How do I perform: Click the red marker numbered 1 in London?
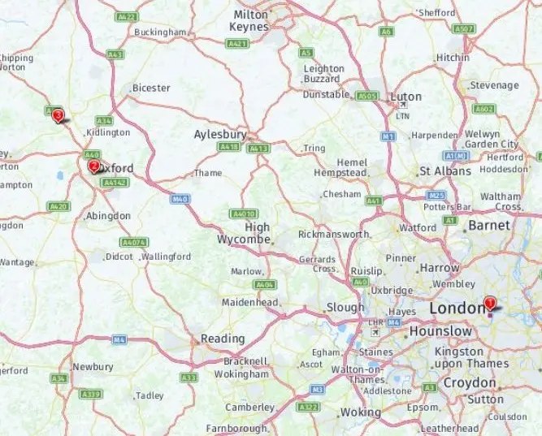click(x=489, y=304)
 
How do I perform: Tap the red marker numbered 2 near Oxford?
click(x=93, y=166)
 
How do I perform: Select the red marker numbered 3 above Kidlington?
click(x=58, y=116)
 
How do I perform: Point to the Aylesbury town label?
click(x=219, y=135)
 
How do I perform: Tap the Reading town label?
click(x=223, y=339)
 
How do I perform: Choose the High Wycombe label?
click(x=247, y=234)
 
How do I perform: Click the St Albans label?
click(x=444, y=171)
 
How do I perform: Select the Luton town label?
click(x=406, y=97)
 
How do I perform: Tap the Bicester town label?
click(x=151, y=88)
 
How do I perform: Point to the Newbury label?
click(x=93, y=367)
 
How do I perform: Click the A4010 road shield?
click(x=244, y=214)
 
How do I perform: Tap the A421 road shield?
click(x=238, y=44)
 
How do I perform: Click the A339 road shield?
click(x=90, y=394)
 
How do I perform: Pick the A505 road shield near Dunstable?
click(x=368, y=96)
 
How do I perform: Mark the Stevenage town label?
click(x=494, y=85)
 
